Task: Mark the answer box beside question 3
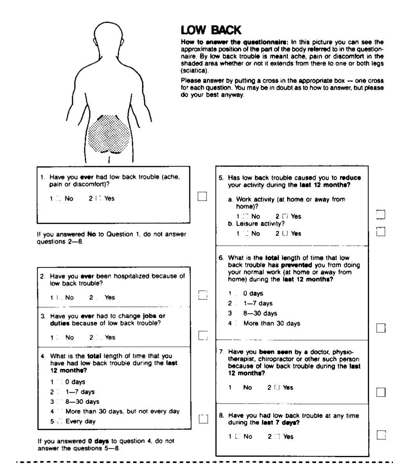202,335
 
